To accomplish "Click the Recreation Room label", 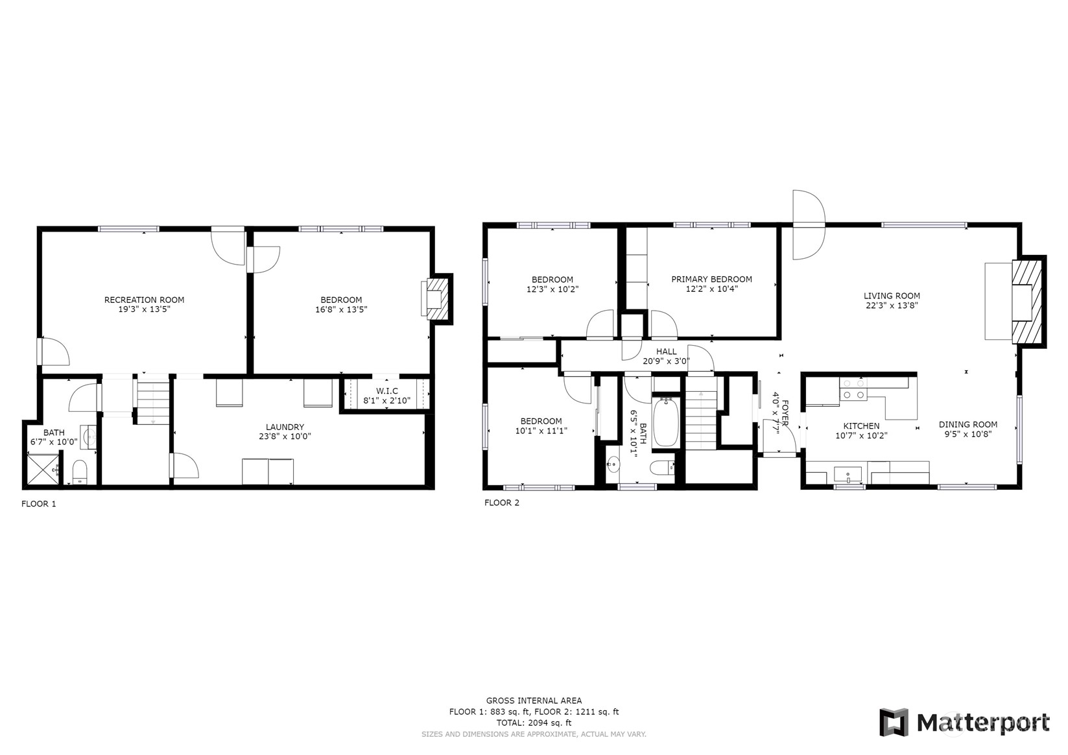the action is (144, 300).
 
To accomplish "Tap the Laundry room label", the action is (285, 427).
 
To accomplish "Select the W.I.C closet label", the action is (386, 391).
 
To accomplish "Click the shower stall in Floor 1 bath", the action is (43, 470).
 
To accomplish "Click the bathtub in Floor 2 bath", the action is (665, 422).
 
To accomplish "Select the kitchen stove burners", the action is (853, 389).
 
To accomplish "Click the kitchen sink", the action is (848, 475).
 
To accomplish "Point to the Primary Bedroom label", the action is (711, 280).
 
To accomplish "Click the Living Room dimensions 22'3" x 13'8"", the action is (892, 306).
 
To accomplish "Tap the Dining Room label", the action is (968, 424).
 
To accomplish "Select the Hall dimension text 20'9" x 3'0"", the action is (666, 361).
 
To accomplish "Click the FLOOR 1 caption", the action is (39, 503).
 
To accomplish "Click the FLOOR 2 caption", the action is (502, 503).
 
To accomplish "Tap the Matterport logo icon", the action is (894, 722).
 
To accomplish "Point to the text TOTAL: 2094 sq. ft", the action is (534, 723).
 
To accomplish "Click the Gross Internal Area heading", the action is (534, 701).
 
